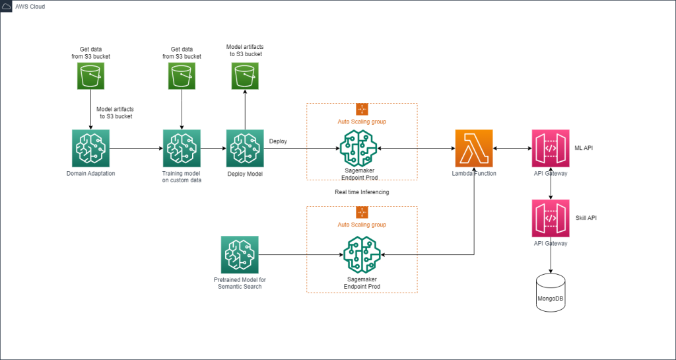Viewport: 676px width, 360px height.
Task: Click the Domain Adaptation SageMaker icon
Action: pos(90,148)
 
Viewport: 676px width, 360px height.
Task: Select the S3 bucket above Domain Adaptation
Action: pos(90,77)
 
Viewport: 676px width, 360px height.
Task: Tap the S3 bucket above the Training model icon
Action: pos(182,77)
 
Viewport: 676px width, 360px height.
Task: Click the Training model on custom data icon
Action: pos(182,148)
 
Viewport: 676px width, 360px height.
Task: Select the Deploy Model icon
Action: pos(245,148)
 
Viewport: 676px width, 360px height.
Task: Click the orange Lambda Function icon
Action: pos(473,148)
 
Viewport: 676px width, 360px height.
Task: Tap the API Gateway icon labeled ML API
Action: pos(551,148)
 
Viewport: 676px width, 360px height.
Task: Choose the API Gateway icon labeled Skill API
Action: pos(551,218)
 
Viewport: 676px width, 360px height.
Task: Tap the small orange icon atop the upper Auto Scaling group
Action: pos(362,109)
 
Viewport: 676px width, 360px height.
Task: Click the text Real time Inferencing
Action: pos(362,192)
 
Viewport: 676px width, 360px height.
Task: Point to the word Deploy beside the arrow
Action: pos(278,141)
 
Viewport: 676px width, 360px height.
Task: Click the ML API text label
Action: pos(584,148)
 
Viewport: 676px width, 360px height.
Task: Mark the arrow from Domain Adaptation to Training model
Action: pos(136,149)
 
